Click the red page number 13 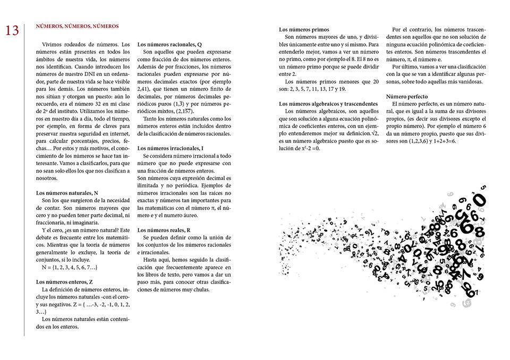tap(12, 31)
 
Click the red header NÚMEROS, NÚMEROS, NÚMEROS tap(77, 25)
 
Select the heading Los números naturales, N tap(67, 193)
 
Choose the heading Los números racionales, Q tap(169, 45)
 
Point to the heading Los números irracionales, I tap(171, 148)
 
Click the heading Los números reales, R tap(165, 230)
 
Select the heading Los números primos tap(304, 30)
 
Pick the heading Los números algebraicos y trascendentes tap(328, 104)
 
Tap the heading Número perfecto tap(411, 97)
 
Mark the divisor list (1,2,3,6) tap(421, 142)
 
